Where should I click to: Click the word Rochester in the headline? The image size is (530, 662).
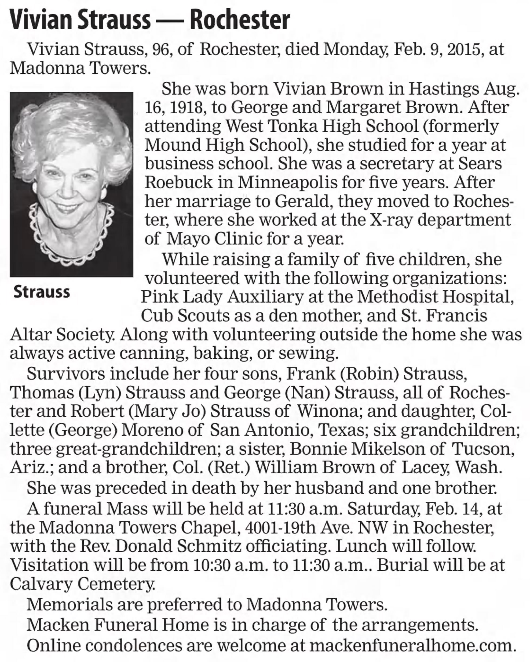click(240, 20)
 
